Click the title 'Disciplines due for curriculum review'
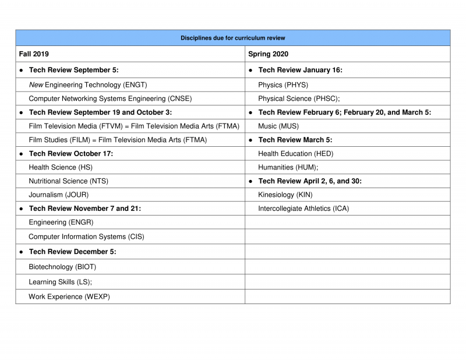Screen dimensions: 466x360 tap(232, 38)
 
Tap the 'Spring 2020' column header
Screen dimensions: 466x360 tap(268, 54)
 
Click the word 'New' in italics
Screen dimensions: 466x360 tap(36, 84)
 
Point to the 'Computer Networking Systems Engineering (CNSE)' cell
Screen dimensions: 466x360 tap(110, 98)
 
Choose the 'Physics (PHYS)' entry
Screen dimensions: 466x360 tap(283, 84)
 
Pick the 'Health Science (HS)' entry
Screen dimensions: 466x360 tap(61, 167)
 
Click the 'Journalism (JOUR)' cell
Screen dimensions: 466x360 tap(59, 195)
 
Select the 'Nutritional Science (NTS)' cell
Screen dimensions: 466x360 tap(69, 181)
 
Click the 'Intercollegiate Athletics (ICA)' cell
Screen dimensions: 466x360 tap(303, 209)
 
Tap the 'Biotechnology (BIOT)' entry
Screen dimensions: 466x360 tap(62, 267)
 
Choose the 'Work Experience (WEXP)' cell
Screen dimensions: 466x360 tap(69, 297)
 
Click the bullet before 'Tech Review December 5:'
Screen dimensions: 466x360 tap(21, 252)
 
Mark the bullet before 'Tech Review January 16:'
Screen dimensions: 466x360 tap(250, 70)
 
